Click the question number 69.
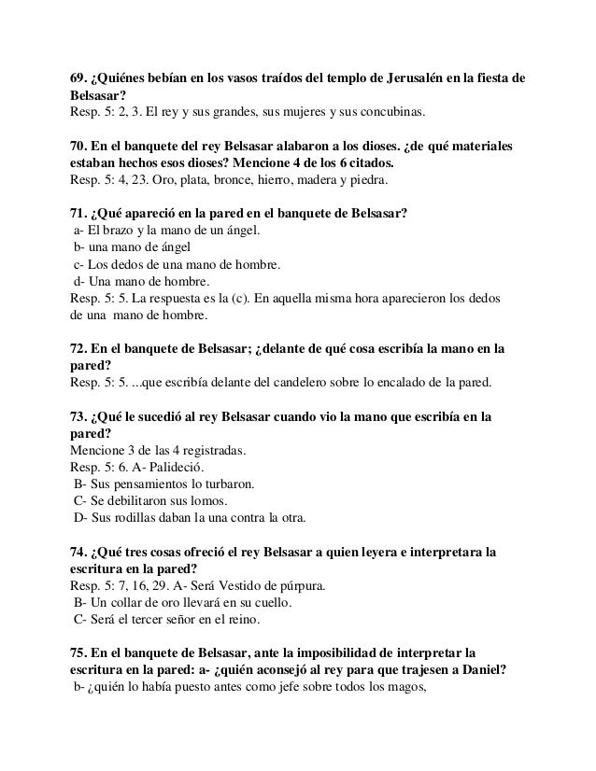click(80, 77)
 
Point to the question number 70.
click(80, 148)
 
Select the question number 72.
click(80, 350)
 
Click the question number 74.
click(80, 553)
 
